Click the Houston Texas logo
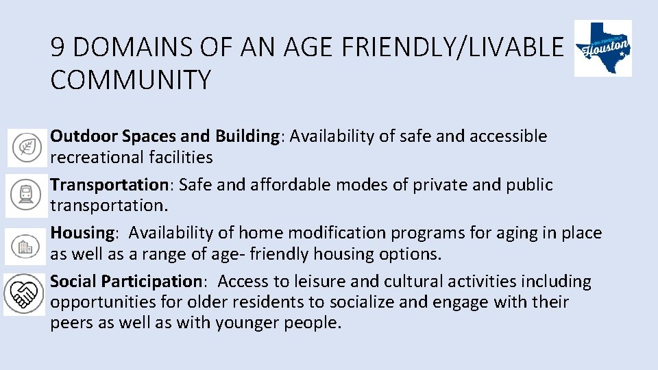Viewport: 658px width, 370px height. (x=602, y=48)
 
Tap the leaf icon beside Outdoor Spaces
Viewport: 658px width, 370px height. (x=27, y=147)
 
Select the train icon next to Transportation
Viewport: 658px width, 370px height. (x=27, y=195)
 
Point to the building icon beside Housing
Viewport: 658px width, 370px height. (x=25, y=245)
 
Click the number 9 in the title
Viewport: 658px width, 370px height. (x=58, y=48)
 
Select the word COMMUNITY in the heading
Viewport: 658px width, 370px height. (x=131, y=80)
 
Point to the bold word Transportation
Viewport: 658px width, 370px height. (x=108, y=185)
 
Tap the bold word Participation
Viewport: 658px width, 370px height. (x=151, y=282)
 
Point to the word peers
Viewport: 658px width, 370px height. (x=71, y=323)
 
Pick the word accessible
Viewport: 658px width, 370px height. (x=508, y=136)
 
